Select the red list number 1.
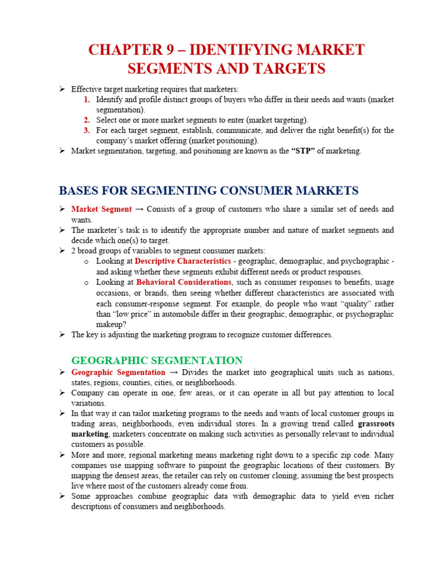(87, 99)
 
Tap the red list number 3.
(87, 130)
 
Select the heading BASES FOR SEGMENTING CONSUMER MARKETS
(209, 191)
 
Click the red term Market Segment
(102, 209)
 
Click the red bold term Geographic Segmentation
(118, 372)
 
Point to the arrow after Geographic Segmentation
(172, 372)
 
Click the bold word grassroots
(376, 424)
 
